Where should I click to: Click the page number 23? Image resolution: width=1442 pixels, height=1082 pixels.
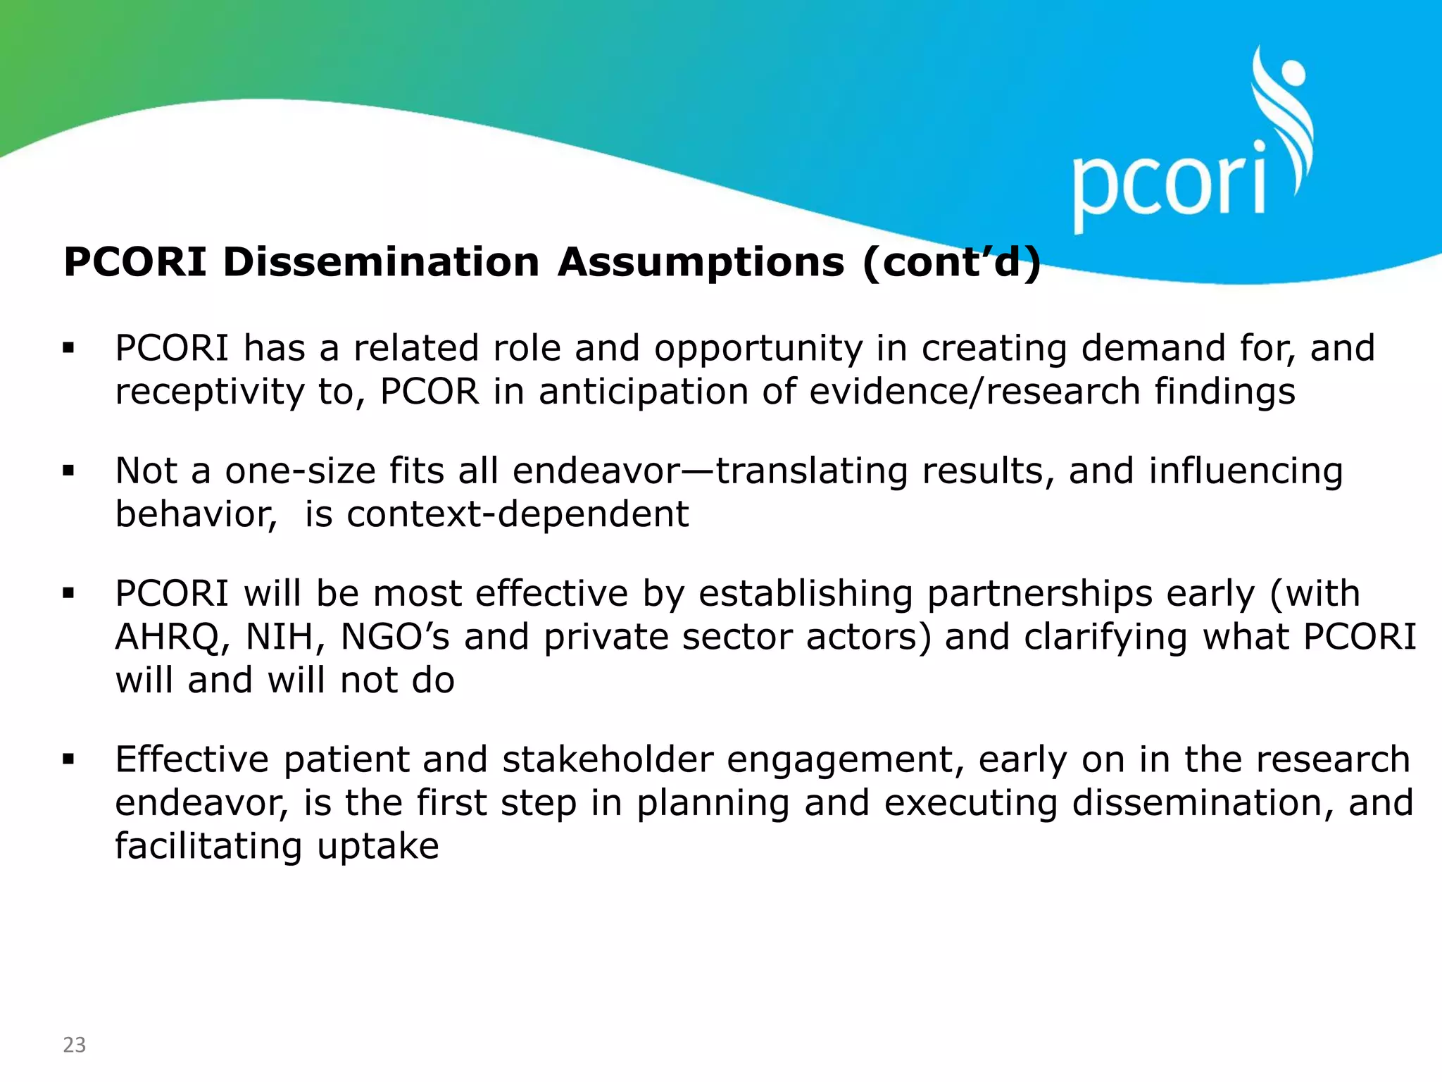74,1044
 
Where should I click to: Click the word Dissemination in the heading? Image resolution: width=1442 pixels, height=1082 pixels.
381,262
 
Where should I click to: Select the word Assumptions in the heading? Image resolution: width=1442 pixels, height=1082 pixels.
701,262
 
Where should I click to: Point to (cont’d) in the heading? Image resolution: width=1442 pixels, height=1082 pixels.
951,262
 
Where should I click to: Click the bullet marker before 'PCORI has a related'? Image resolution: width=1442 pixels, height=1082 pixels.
68,347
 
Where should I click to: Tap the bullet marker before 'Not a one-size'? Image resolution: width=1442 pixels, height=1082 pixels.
68,470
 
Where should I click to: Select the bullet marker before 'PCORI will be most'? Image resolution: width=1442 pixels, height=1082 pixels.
68,593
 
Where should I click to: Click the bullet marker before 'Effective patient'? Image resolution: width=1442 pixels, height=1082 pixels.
68,759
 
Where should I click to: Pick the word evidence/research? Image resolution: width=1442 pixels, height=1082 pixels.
974,392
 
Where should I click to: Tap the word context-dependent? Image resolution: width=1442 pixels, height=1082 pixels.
518,514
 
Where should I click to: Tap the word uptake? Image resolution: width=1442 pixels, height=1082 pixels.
378,847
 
